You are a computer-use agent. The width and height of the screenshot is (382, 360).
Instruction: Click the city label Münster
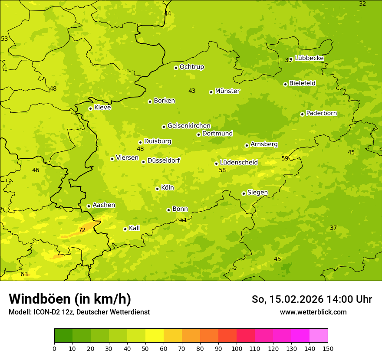tap(227, 91)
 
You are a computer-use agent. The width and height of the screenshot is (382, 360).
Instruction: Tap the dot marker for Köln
tap(157, 189)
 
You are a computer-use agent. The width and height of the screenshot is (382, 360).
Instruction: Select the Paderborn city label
tap(321, 114)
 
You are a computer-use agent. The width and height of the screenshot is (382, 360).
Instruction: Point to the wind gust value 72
tap(82, 230)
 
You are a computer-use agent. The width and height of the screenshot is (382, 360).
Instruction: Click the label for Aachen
tap(104, 205)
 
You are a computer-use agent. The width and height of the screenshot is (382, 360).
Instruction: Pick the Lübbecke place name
tap(309, 58)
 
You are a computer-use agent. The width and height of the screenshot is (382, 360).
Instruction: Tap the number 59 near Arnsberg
tap(285, 158)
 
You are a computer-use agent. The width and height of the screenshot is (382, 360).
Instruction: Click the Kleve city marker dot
tap(90, 108)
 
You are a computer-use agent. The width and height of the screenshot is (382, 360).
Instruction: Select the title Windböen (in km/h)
tap(70, 299)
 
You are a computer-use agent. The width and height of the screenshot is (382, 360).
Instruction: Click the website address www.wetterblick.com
tap(313, 312)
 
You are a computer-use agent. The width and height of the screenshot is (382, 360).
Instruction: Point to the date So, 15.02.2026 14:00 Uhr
tap(312, 299)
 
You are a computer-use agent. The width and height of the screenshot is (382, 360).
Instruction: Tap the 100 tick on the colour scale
tap(237, 348)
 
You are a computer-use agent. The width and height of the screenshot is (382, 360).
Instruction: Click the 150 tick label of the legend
tap(328, 348)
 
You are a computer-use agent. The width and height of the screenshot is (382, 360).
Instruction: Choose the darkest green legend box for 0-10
tap(63, 336)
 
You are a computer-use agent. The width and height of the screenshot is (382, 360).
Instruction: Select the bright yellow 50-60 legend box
tap(155, 336)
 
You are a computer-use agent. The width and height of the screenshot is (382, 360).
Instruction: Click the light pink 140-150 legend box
tap(319, 336)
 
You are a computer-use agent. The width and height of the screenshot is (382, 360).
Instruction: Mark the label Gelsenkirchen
tap(189, 126)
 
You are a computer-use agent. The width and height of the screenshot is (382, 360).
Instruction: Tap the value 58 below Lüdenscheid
tap(222, 170)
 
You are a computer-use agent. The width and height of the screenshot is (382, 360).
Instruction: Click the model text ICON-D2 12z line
tap(79, 312)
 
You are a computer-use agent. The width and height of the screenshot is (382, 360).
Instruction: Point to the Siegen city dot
tap(244, 193)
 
